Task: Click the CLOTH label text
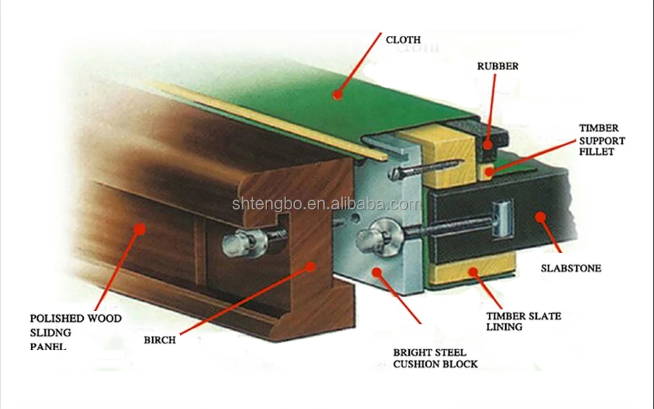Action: tap(403, 40)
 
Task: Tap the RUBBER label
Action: tap(498, 66)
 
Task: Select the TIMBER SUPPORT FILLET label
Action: tap(602, 140)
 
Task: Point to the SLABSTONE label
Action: tap(571, 268)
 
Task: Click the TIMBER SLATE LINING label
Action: tap(523, 321)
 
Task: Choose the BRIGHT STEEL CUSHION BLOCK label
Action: tap(435, 358)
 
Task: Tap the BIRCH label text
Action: tap(160, 340)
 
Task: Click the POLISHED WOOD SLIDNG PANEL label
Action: tap(76, 332)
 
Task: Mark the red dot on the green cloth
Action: tap(337, 95)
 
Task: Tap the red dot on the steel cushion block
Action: tap(376, 272)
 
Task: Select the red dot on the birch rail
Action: tap(310, 266)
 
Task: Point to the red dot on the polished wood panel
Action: tap(139, 228)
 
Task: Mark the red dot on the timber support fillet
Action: tap(488, 168)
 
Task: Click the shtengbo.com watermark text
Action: tap(327, 203)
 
